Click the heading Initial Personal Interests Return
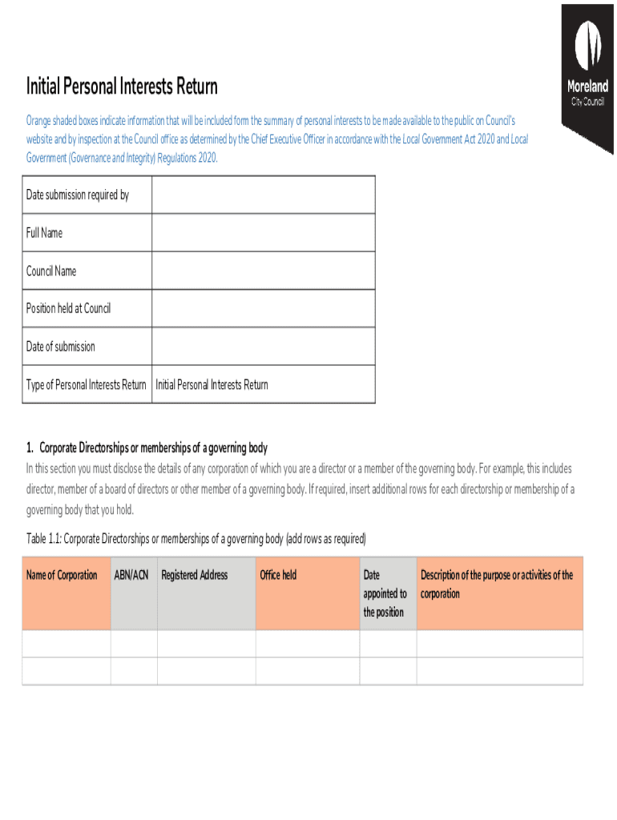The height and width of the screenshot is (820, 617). click(x=122, y=86)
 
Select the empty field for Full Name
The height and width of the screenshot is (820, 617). click(x=263, y=233)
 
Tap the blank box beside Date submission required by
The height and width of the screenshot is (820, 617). click(x=263, y=195)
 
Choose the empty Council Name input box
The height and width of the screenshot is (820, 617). click(x=263, y=271)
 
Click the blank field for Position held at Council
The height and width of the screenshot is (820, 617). click(x=263, y=308)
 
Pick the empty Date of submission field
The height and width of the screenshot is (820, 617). click(x=263, y=346)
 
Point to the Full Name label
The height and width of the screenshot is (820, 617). click(x=44, y=233)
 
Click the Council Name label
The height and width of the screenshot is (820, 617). click(x=51, y=271)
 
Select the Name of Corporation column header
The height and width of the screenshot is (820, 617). click(x=62, y=575)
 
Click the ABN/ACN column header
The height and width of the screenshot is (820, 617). click(x=132, y=575)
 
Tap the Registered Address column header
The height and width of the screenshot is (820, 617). click(x=195, y=575)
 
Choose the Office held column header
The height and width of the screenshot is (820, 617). click(x=278, y=575)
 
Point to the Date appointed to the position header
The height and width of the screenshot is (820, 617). click(x=385, y=593)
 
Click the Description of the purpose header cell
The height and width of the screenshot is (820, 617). click(x=497, y=585)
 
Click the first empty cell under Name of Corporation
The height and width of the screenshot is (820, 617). click(x=67, y=644)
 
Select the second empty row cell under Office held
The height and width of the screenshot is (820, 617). click(x=308, y=671)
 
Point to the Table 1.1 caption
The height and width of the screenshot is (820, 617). click(x=196, y=538)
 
